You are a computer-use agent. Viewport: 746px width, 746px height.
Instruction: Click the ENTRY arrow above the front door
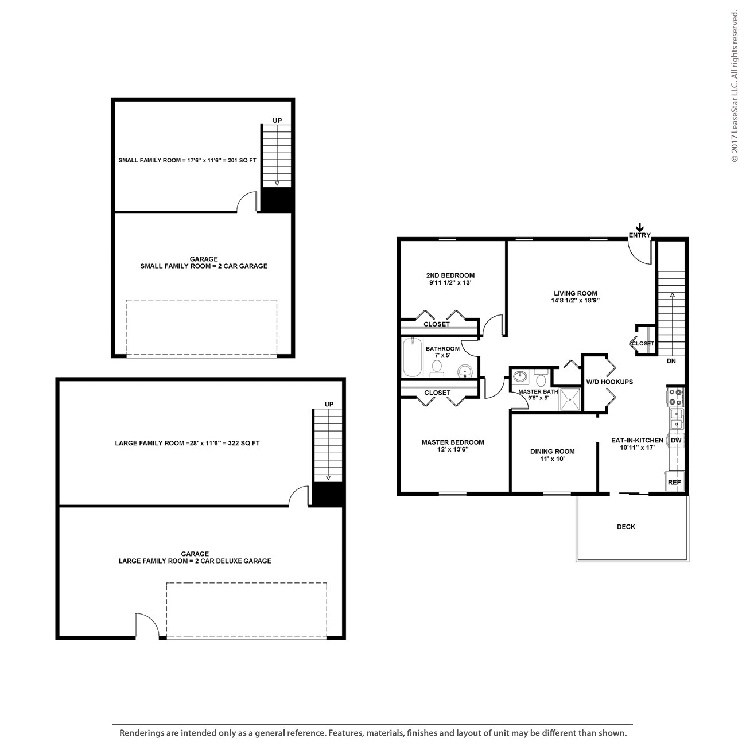[640, 227]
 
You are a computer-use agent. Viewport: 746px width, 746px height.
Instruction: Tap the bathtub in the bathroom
[412, 358]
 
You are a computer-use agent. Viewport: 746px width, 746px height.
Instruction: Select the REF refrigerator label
[674, 483]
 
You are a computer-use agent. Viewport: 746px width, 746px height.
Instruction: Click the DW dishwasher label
[676, 440]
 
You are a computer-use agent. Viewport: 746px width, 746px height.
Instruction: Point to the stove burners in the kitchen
[675, 397]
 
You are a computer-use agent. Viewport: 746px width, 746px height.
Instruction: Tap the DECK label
[626, 526]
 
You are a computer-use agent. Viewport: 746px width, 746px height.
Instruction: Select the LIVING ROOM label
[575, 293]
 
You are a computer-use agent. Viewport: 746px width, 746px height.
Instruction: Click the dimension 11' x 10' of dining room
[553, 459]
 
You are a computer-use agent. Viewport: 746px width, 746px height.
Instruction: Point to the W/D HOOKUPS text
[609, 382]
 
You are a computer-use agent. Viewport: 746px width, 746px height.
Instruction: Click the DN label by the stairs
[671, 361]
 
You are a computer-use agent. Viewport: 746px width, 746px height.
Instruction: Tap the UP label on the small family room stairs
[277, 121]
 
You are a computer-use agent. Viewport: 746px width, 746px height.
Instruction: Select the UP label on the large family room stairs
[329, 404]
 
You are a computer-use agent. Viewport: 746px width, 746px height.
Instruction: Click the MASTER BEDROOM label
[453, 442]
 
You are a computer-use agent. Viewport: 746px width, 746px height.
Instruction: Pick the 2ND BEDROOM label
[450, 275]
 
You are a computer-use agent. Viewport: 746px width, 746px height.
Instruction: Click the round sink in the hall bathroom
[464, 372]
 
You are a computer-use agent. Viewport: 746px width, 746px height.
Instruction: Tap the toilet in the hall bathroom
[437, 368]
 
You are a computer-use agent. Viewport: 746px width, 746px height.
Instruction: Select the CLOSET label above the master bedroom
[437, 393]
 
